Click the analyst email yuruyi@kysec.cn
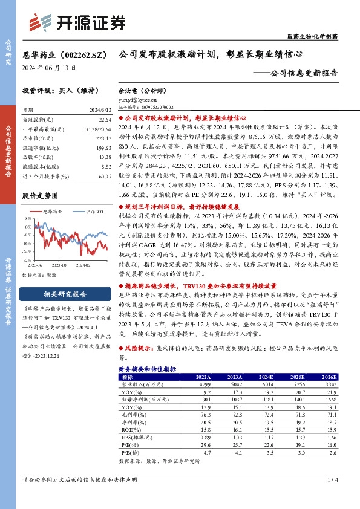[x=131, y=101]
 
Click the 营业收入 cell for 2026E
[x=328, y=384]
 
